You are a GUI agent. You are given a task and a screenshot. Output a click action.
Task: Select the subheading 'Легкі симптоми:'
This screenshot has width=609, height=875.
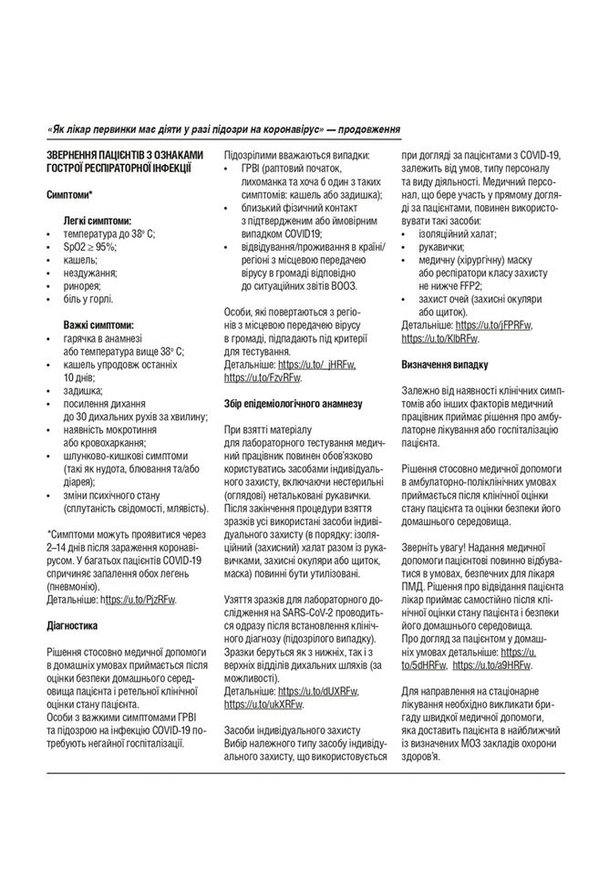(x=97, y=221)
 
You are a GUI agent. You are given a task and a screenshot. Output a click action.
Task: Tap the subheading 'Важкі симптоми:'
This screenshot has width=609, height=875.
(x=98, y=324)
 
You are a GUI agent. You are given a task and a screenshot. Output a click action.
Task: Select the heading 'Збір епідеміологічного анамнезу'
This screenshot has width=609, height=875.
(x=293, y=402)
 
